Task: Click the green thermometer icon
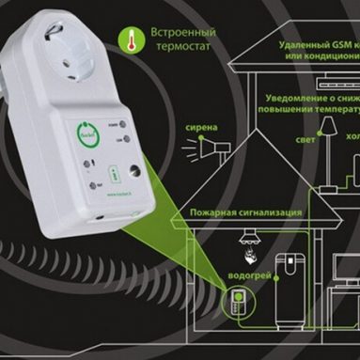[x=127, y=39]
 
